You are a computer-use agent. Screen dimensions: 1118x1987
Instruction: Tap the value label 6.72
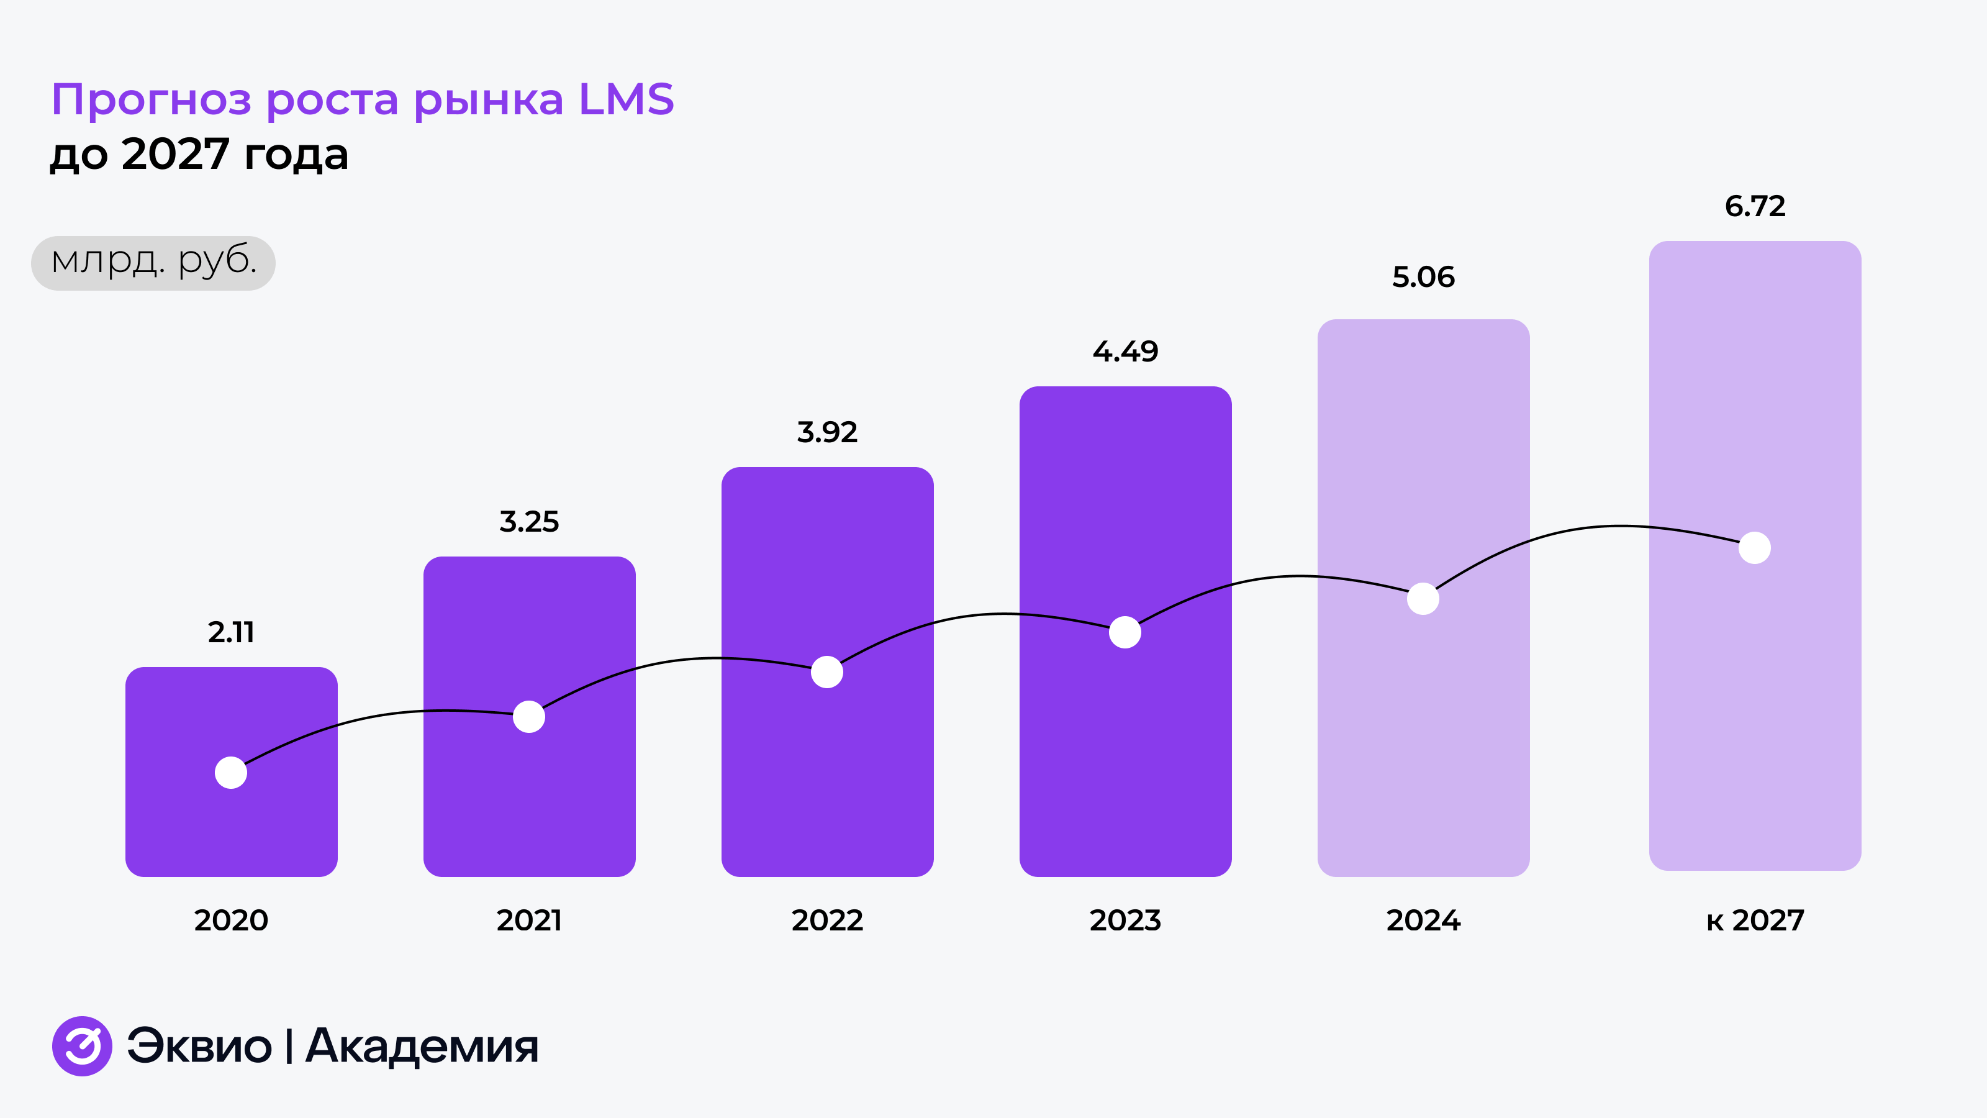point(1755,206)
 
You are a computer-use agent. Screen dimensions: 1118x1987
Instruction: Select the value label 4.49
point(1125,352)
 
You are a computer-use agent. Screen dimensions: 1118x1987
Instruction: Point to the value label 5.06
point(1423,277)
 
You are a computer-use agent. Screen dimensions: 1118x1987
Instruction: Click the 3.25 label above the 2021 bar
point(529,522)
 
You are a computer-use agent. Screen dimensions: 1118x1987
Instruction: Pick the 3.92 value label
point(827,432)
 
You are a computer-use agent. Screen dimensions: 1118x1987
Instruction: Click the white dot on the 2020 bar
point(230,772)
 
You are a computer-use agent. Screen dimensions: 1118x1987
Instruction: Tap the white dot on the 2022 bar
point(827,672)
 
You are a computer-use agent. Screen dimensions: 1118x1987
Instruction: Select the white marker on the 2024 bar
point(1423,599)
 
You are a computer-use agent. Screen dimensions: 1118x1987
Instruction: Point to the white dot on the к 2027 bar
point(1755,548)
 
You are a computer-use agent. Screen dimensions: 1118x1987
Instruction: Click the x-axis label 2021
point(529,920)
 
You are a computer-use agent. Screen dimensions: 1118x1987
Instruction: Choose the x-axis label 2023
point(1125,920)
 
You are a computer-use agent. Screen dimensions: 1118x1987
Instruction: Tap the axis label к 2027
point(1755,920)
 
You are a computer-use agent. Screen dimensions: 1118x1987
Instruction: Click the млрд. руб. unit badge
point(153,262)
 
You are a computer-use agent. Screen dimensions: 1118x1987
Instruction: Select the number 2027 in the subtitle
point(175,154)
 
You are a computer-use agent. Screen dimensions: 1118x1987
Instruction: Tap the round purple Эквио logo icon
point(82,1046)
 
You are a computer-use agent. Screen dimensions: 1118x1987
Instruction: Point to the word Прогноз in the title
point(151,100)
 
